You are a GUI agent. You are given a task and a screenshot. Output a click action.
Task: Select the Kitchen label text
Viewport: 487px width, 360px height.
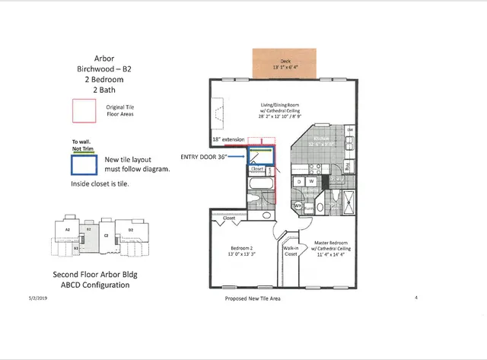(x=319, y=141)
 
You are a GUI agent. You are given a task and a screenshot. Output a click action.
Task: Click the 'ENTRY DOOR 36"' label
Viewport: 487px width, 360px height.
(x=204, y=156)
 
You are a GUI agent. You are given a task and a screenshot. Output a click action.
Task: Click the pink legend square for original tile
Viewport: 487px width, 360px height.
(x=82, y=111)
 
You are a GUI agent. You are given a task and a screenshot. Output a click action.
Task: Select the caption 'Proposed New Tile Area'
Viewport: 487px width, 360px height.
(x=253, y=298)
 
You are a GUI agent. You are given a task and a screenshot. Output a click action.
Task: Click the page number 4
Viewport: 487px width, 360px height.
(x=416, y=298)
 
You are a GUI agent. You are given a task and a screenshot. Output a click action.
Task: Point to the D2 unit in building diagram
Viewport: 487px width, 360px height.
(x=131, y=228)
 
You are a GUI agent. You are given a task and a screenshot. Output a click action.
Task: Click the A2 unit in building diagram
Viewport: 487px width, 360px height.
(x=67, y=228)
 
